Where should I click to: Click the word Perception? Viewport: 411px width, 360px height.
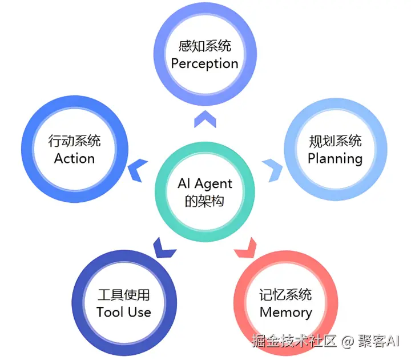tap(205, 63)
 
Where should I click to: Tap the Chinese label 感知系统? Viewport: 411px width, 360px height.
tap(205, 46)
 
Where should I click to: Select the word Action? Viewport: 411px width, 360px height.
tap(74, 158)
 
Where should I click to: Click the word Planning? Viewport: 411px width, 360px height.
tap(335, 158)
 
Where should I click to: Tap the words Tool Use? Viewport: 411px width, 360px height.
tap(124, 312)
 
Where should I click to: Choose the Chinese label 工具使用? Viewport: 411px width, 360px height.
tap(124, 295)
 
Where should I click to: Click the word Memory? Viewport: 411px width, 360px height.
tap(285, 312)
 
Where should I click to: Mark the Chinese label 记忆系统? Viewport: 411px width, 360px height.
tap(285, 295)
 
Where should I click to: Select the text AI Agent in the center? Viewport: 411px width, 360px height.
tap(205, 183)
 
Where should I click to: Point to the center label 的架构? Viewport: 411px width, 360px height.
tap(205, 201)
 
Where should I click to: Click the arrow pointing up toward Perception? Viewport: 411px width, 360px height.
tap(205, 119)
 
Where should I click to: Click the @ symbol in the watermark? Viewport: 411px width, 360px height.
tap(348, 342)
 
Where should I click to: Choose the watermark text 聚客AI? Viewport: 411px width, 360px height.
tap(379, 342)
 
